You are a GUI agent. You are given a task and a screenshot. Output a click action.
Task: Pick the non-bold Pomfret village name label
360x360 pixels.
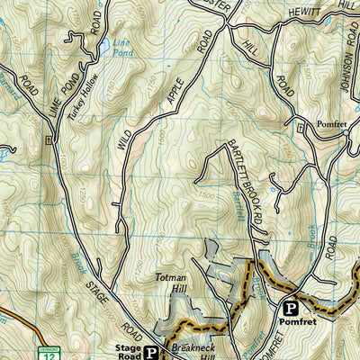tap(320, 117)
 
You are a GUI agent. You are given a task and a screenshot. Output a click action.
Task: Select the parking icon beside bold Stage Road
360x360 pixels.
tap(152, 352)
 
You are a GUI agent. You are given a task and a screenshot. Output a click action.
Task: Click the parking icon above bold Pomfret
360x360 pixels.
tap(290, 306)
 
